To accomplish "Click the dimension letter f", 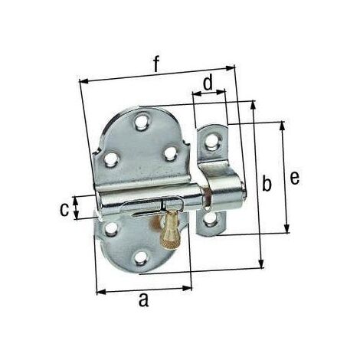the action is (156, 64).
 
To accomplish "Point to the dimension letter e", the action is (295, 178).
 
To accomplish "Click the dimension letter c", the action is (64, 209).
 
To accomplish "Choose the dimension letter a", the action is (144, 300).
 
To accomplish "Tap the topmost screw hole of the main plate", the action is (141, 123).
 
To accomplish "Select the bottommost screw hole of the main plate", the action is (140, 258).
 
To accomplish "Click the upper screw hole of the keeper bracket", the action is (211, 141).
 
